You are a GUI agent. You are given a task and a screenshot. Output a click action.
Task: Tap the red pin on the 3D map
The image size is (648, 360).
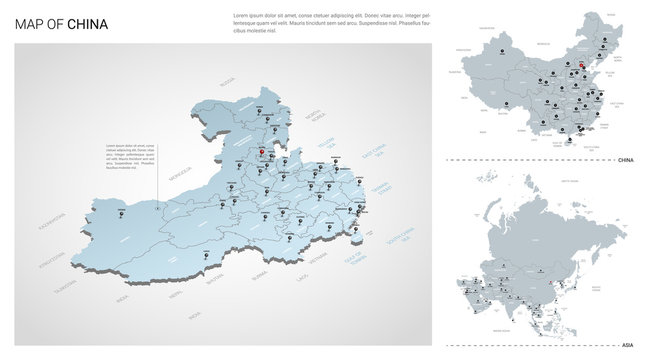262,153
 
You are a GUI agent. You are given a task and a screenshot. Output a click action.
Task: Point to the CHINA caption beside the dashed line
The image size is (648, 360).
626,160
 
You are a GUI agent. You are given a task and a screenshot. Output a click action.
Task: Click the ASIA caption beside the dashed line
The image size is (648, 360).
627,343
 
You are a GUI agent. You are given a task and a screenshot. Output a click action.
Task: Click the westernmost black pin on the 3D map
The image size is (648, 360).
121,209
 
